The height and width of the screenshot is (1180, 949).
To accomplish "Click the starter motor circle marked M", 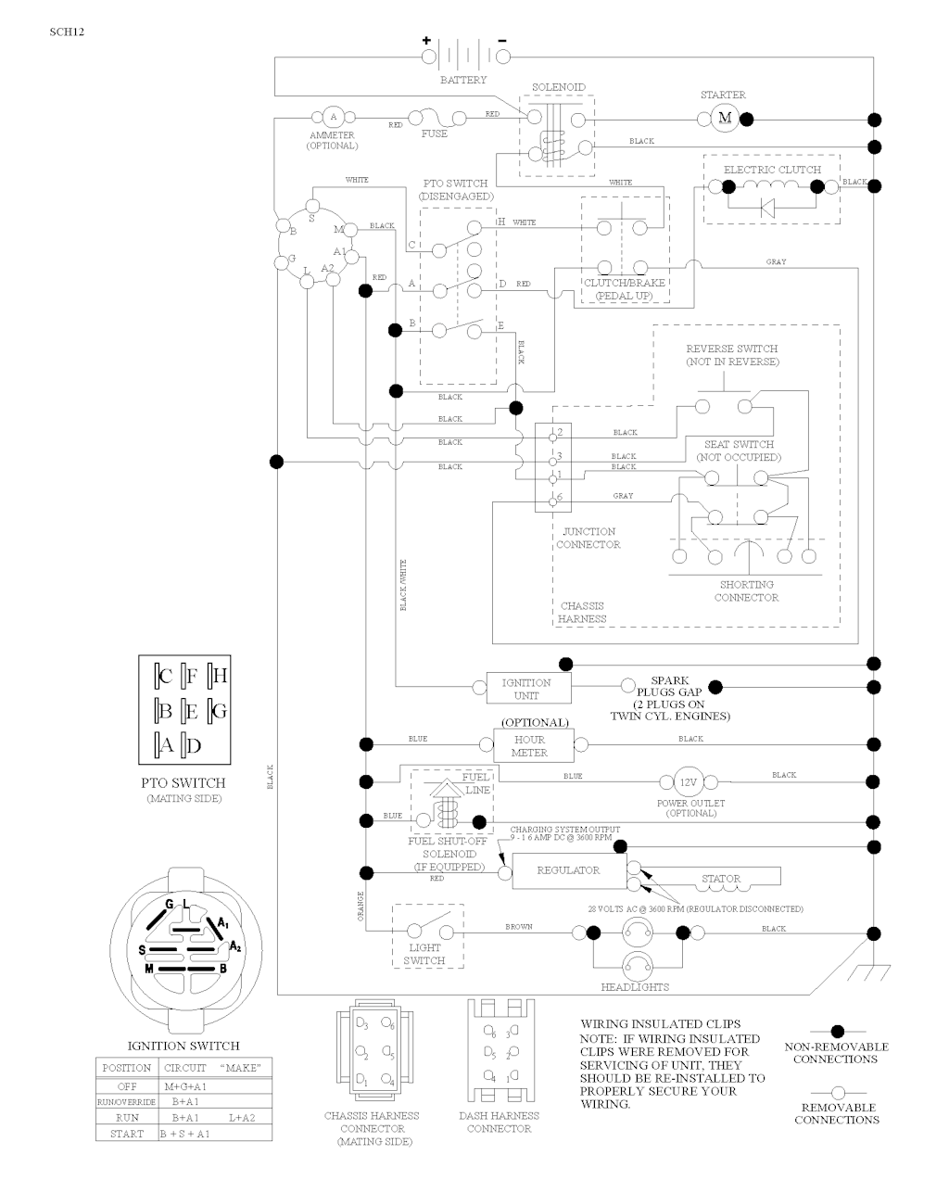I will tap(726, 118).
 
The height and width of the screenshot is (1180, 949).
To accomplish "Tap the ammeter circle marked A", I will tap(333, 118).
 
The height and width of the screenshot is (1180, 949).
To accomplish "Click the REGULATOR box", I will tap(568, 870).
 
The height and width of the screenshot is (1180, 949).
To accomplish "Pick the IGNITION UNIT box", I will tap(526, 688).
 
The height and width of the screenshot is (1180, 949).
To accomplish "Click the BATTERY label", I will tap(462, 80).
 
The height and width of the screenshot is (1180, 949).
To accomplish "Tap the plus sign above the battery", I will tap(427, 41).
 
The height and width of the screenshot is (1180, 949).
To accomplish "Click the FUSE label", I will tap(434, 133).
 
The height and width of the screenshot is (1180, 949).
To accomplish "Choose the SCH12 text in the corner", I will tap(67, 32).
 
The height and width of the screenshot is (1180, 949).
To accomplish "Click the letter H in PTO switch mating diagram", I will tap(220, 676).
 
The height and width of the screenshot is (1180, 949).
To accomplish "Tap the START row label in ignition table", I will tap(127, 1134).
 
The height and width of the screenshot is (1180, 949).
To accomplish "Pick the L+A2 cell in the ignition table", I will tap(241, 1118).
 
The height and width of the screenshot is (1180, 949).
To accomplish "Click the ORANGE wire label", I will tap(361, 904).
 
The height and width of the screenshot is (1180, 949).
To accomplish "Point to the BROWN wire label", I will tap(519, 927).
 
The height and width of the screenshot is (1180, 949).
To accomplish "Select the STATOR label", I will tap(721, 879).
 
